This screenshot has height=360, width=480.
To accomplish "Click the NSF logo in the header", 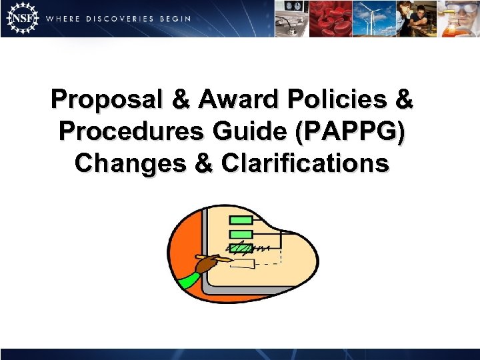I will [x=20, y=18].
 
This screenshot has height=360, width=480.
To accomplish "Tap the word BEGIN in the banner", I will [x=175, y=19].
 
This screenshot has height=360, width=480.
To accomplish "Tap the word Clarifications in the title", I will [x=305, y=162].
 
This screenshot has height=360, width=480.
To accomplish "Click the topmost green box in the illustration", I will [x=241, y=221].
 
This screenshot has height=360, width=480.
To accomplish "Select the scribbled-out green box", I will [x=241, y=248].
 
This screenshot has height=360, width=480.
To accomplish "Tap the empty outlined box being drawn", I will [x=242, y=263].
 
